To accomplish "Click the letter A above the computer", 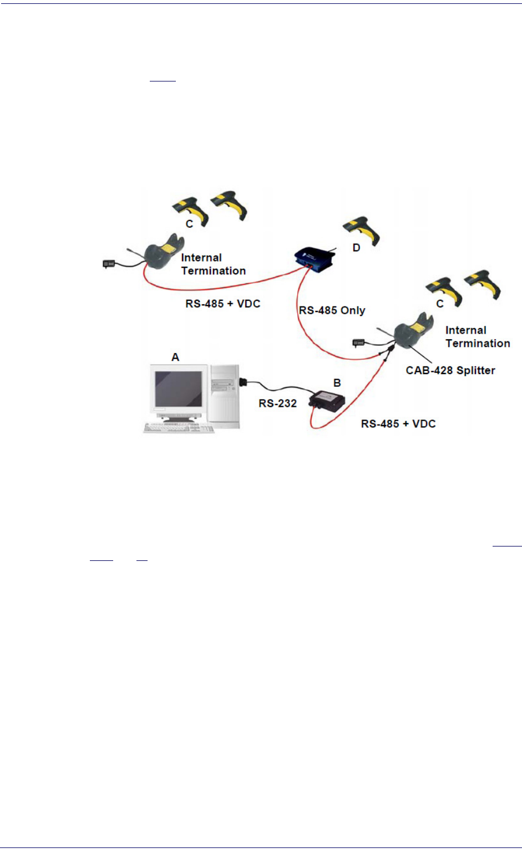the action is (175, 357).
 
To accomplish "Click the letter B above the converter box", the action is (337, 382).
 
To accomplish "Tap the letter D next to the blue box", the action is (356, 248).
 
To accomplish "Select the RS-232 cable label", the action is (277, 403).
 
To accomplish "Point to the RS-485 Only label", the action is (332, 310).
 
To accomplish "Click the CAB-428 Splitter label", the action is (450, 371).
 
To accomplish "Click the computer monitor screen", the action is (178, 389).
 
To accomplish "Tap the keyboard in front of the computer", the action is (178, 428).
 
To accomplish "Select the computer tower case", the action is (225, 396).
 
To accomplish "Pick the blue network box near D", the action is (315, 259).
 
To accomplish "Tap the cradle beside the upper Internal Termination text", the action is (164, 252).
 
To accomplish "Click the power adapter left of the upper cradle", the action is (109, 263).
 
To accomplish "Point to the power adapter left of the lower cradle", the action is (358, 343).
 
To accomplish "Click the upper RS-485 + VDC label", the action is (223, 304).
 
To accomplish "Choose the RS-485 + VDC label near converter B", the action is (398, 424).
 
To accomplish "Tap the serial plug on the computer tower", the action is (243, 382).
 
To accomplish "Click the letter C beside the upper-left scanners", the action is (189, 224).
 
